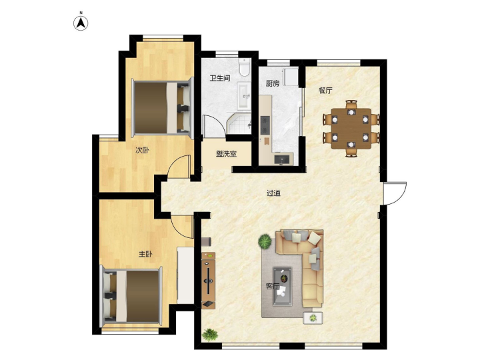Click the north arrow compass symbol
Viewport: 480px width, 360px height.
81,23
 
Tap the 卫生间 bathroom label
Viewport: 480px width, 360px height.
220,78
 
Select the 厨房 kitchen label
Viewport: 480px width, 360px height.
273,83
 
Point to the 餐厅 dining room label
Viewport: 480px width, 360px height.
325,90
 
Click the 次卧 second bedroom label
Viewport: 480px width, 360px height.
143,150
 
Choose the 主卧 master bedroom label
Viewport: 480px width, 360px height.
145,254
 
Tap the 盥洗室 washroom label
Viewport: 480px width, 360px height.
226,154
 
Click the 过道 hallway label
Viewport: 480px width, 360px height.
274,193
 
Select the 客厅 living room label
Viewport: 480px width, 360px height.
272,287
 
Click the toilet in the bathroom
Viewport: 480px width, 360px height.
244,67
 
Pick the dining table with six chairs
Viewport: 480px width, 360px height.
351,129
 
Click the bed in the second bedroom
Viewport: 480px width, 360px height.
163,108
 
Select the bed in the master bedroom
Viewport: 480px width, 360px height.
131,296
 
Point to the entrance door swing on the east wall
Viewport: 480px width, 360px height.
395,193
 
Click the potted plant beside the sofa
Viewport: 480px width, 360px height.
265,241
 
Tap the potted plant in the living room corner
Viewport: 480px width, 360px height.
210,335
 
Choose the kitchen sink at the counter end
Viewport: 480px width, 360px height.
282,159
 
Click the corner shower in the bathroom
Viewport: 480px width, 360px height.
239,123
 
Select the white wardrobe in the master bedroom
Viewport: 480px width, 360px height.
185,275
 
